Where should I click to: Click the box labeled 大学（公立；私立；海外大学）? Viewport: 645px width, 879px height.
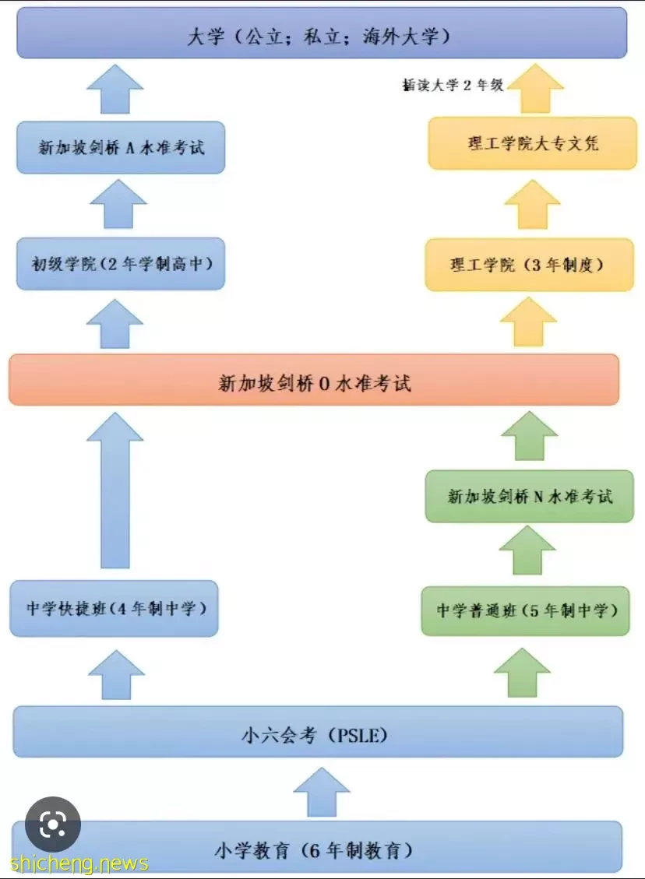[x=322, y=33]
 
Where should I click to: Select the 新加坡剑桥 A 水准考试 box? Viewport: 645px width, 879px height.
[x=121, y=147]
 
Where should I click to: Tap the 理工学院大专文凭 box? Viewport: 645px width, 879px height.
[x=532, y=143]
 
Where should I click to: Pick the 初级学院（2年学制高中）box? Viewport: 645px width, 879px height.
[x=121, y=264]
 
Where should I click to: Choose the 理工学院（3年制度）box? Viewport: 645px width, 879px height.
[x=530, y=265]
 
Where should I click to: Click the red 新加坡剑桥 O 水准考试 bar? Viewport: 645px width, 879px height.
[x=314, y=379]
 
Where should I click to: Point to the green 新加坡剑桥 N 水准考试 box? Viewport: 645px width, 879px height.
[x=530, y=497]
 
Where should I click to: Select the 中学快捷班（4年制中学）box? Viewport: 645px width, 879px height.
[x=114, y=609]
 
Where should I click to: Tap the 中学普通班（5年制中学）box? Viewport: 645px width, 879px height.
[x=526, y=611]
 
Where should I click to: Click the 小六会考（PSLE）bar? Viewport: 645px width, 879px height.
[x=318, y=732]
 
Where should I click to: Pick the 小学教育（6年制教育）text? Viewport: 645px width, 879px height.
[x=314, y=850]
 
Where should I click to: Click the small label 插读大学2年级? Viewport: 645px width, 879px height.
[x=453, y=85]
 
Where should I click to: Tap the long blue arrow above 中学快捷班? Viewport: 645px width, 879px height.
[x=115, y=490]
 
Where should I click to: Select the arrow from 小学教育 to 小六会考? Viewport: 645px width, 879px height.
[x=322, y=792]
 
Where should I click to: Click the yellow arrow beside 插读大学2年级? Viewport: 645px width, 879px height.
[x=536, y=88]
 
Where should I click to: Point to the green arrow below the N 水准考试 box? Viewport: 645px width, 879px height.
[x=527, y=550]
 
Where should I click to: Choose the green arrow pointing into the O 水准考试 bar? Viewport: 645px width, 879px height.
[x=530, y=435]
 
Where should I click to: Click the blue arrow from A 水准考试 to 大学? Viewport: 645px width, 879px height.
[x=115, y=89]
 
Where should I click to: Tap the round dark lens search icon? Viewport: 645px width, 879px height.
[x=53, y=825]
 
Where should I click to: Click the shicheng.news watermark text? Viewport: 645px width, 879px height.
[x=79, y=863]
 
